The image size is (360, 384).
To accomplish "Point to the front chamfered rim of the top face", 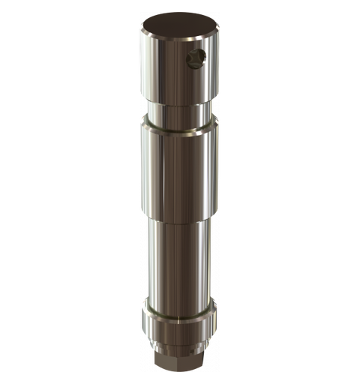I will click(180, 43).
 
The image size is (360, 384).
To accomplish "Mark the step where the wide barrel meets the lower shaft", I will click(180, 218).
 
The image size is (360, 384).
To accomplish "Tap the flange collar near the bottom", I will click(180, 322).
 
